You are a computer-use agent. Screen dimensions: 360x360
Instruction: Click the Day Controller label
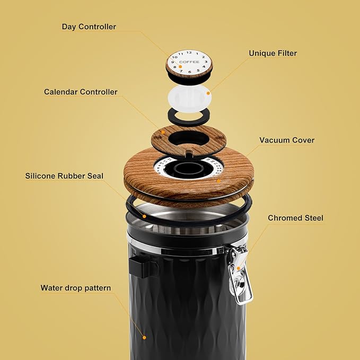tap(89, 27)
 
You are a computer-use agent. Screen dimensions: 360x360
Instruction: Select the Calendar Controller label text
tap(81, 92)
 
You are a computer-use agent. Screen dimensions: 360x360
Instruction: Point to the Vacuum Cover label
tap(287, 141)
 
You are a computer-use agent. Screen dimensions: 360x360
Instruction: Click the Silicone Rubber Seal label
tap(64, 175)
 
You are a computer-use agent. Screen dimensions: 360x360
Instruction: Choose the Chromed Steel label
tap(295, 218)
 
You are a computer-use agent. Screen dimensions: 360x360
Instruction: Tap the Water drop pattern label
tap(76, 288)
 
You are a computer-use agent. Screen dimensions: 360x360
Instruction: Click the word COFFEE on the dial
tap(189, 62)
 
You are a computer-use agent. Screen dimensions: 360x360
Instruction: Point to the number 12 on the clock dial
tap(189, 52)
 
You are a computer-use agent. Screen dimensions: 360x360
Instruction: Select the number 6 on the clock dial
tap(189, 71)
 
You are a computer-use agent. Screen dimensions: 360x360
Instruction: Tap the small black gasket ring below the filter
tap(189, 115)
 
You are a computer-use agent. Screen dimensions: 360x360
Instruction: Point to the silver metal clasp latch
tap(238, 276)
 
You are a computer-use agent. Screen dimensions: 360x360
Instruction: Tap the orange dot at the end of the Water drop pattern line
tap(143, 336)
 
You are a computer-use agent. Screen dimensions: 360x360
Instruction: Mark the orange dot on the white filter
tap(208, 93)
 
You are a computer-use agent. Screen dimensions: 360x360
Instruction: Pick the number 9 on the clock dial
tap(173, 62)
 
